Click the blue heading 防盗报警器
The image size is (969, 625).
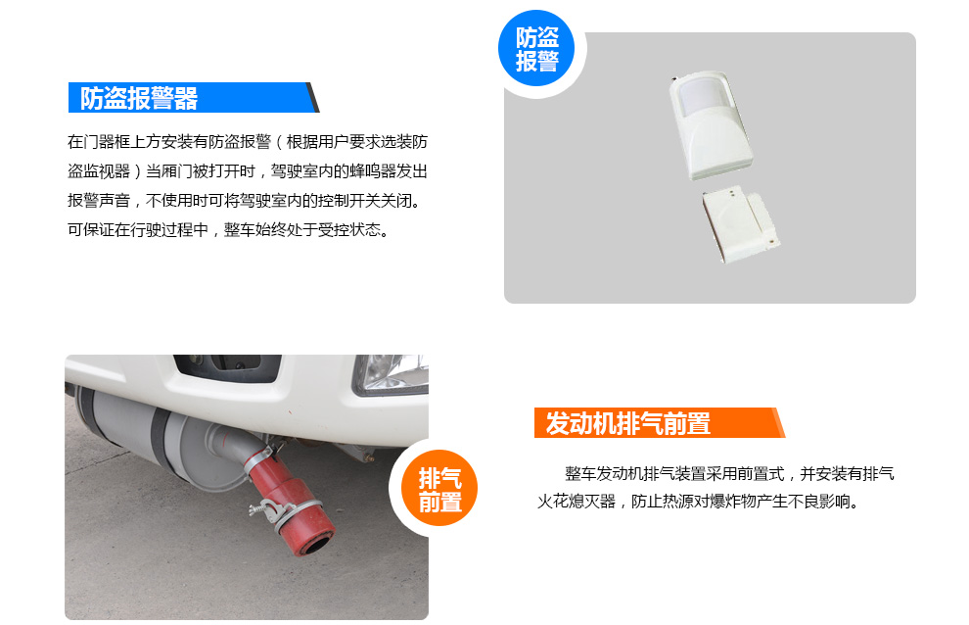pos(138,98)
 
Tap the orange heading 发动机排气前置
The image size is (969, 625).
pos(627,424)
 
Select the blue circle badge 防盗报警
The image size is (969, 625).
pos(536,48)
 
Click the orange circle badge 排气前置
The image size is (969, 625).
pos(439,488)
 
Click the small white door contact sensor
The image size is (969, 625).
pos(740,224)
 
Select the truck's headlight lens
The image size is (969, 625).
pos(391,374)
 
